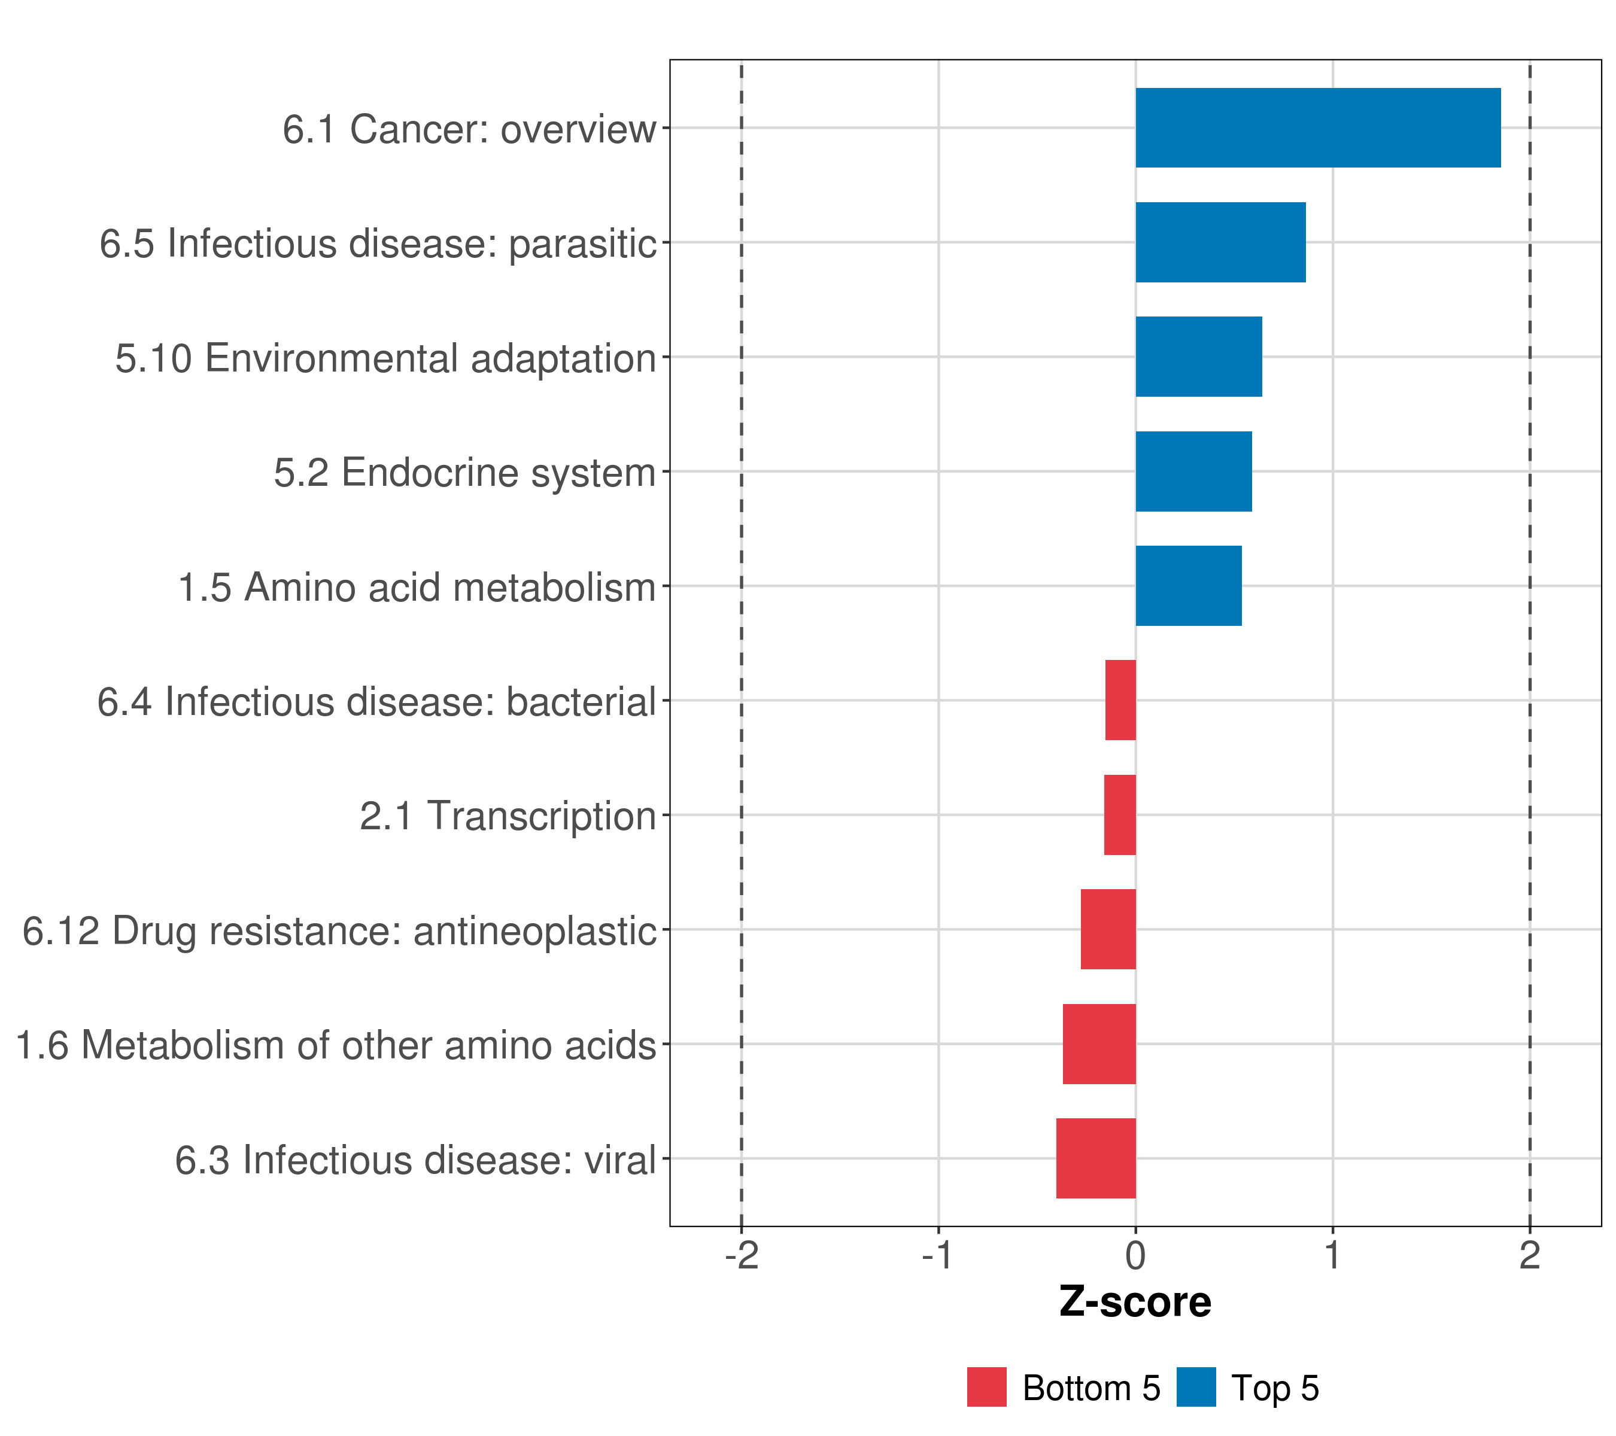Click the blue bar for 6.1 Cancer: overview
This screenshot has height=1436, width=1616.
pyautogui.click(x=1318, y=128)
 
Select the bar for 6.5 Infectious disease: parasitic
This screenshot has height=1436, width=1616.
pyautogui.click(x=1221, y=243)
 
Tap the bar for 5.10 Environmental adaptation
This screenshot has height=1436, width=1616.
pyautogui.click(x=1199, y=357)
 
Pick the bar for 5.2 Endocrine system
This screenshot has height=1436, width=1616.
pyautogui.click(x=1194, y=472)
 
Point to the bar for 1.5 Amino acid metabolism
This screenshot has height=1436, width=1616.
pyautogui.click(x=1188, y=586)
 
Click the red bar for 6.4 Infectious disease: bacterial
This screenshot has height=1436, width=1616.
pyautogui.click(x=1120, y=700)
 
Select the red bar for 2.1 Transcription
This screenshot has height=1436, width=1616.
pyautogui.click(x=1119, y=815)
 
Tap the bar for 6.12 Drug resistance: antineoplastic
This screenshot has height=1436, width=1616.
pyautogui.click(x=1108, y=929)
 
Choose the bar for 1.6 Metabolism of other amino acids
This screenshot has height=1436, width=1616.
pyautogui.click(x=1099, y=1044)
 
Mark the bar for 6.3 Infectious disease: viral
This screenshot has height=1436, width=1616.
pyautogui.click(x=1096, y=1158)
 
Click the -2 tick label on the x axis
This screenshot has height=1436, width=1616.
pyautogui.click(x=741, y=1255)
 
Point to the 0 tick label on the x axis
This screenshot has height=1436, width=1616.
pyautogui.click(x=1135, y=1255)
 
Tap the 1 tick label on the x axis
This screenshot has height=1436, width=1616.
pyautogui.click(x=1332, y=1255)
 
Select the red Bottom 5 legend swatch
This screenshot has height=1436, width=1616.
pyautogui.click(x=987, y=1387)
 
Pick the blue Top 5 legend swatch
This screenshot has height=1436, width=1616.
pyautogui.click(x=1195, y=1387)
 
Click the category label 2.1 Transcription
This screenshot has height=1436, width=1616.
pyautogui.click(x=508, y=816)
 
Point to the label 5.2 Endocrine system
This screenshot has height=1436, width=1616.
pyautogui.click(x=465, y=473)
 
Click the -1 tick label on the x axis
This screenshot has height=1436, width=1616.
pyautogui.click(x=938, y=1255)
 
